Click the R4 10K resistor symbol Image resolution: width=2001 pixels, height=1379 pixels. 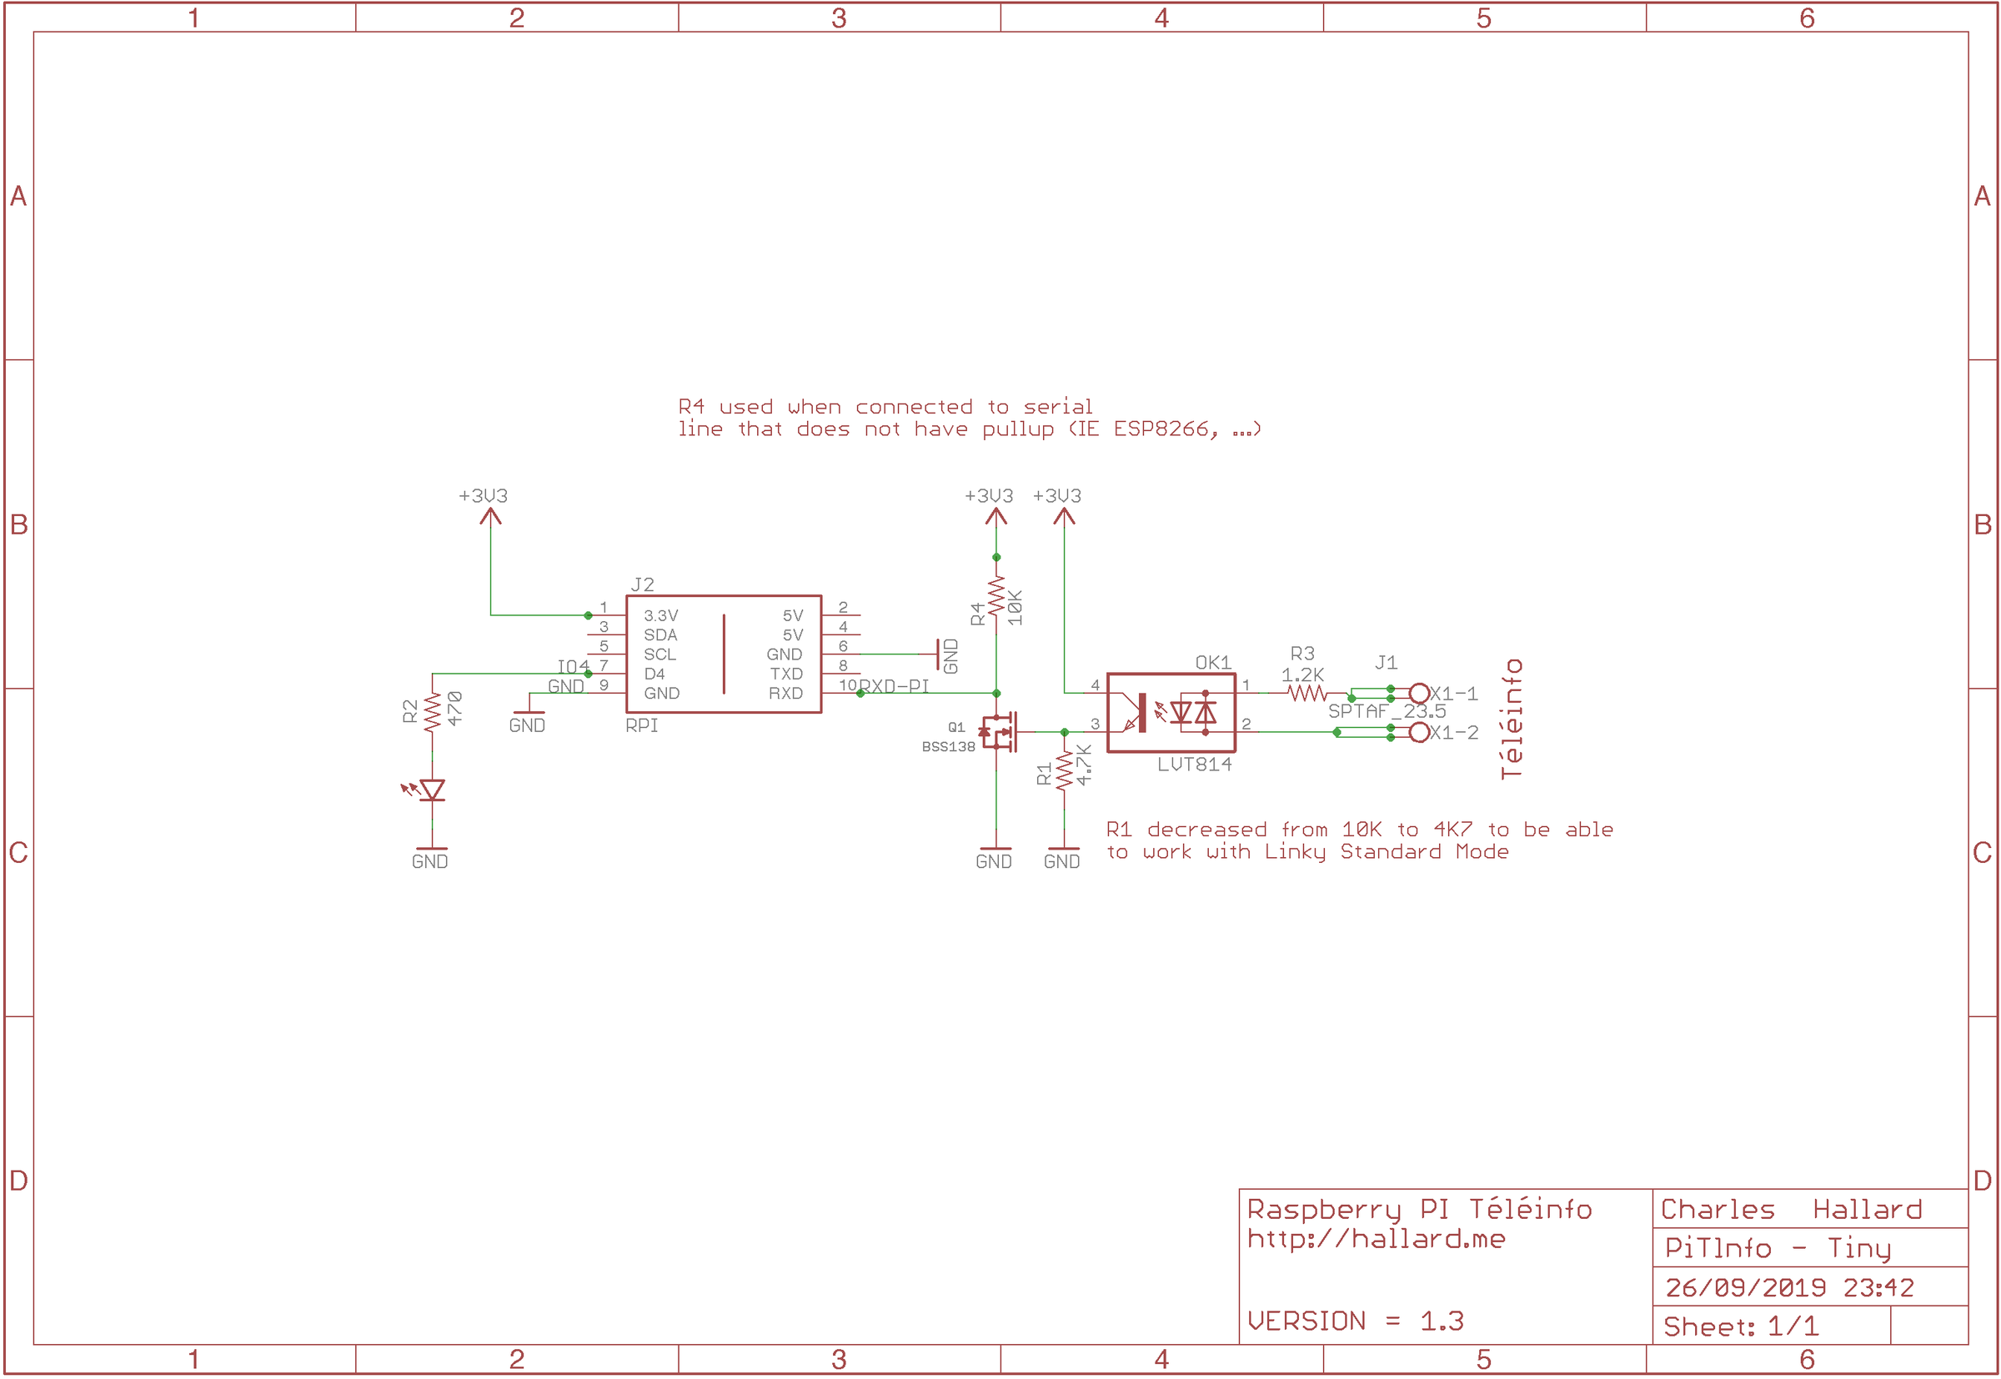[996, 596]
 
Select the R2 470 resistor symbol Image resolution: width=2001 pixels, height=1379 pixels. [432, 712]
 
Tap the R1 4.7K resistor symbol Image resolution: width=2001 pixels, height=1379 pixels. [1065, 770]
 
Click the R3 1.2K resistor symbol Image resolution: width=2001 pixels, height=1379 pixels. [1305, 693]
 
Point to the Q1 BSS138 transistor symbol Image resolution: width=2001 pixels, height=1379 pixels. [998, 732]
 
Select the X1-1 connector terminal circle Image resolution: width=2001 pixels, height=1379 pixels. [1419, 693]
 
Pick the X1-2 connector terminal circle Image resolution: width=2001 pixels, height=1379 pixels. [1419, 733]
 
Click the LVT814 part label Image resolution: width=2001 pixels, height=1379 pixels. [1194, 765]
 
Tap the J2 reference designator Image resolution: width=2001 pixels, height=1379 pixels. [642, 585]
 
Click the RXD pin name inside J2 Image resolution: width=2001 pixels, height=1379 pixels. [785, 693]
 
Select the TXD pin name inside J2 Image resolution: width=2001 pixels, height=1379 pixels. [786, 674]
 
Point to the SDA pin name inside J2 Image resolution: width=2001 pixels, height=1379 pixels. [660, 635]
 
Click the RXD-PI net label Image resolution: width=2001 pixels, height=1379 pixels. [894, 686]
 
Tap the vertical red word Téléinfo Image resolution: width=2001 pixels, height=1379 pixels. [1511, 719]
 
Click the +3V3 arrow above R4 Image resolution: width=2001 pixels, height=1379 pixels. [996, 516]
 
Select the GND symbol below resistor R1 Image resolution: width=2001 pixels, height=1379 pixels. [1063, 856]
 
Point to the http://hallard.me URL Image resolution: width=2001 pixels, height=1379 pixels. [1377, 1239]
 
